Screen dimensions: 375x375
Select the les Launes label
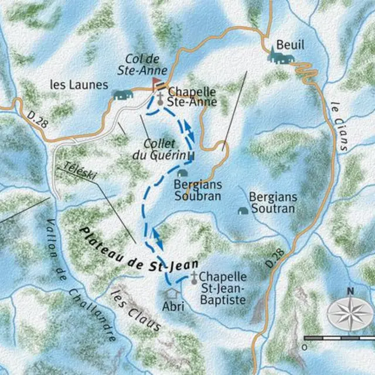click(80, 86)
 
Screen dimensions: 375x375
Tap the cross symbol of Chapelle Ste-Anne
click(160, 96)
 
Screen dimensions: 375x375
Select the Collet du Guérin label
click(166, 149)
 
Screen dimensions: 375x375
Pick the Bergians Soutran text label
click(273, 202)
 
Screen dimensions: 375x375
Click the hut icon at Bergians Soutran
click(241, 210)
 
